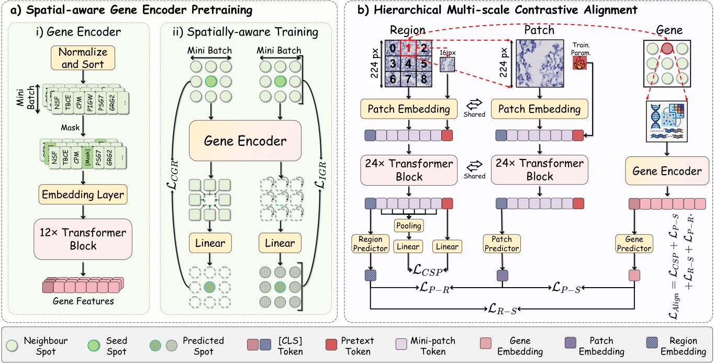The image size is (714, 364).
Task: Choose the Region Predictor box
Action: coord(370,244)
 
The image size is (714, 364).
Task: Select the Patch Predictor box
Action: coord(502,244)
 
